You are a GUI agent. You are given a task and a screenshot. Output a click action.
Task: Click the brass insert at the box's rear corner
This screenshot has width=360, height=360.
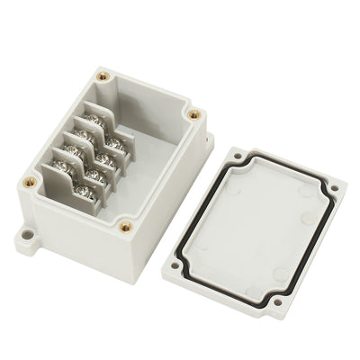103,76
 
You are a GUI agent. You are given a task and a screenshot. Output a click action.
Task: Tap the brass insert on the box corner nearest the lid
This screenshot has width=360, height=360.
193,114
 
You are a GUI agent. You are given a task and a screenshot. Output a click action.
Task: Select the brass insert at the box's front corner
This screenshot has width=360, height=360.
126,227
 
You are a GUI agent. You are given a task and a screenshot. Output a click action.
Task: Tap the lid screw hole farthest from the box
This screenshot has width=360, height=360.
334,188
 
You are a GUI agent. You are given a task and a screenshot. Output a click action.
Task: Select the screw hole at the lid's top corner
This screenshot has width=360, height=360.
237,156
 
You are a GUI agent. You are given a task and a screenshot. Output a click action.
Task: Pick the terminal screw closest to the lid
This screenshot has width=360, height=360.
114,141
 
